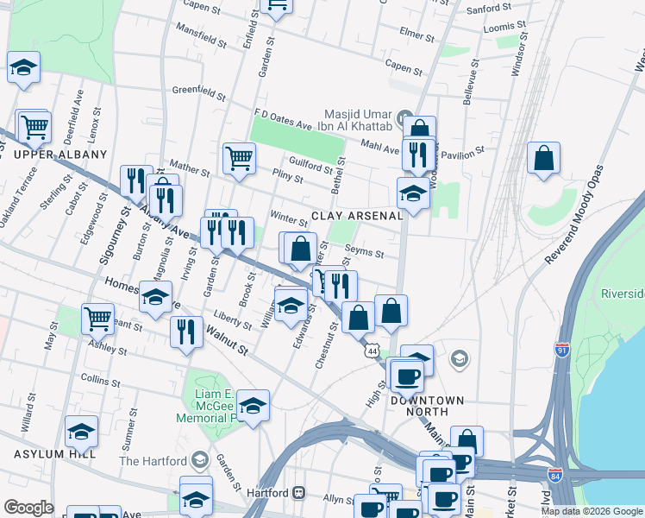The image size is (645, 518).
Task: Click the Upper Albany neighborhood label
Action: point(59,155)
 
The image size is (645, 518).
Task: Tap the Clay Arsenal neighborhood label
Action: point(357,216)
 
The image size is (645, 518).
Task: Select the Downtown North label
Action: point(427,401)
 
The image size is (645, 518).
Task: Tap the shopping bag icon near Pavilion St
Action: point(544,159)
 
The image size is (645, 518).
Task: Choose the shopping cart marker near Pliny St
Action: point(239,158)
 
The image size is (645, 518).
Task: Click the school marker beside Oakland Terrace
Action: point(23,67)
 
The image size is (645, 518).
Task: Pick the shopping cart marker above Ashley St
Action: point(98,318)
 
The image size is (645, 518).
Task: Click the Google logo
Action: point(28,508)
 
